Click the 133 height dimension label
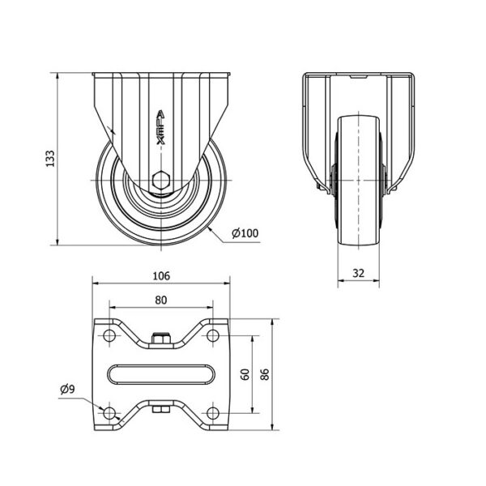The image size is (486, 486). click(50, 159)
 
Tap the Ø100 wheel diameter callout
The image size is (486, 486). click(245, 233)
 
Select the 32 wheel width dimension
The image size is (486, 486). click(358, 273)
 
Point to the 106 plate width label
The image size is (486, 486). click(161, 275)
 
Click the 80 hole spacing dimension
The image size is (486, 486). click(161, 300)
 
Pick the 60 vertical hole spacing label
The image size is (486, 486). click(245, 374)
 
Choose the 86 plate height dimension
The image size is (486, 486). click(265, 374)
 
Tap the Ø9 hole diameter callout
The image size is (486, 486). click(67, 389)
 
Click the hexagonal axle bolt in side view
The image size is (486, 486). click(161, 180)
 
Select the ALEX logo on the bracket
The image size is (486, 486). click(160, 128)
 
